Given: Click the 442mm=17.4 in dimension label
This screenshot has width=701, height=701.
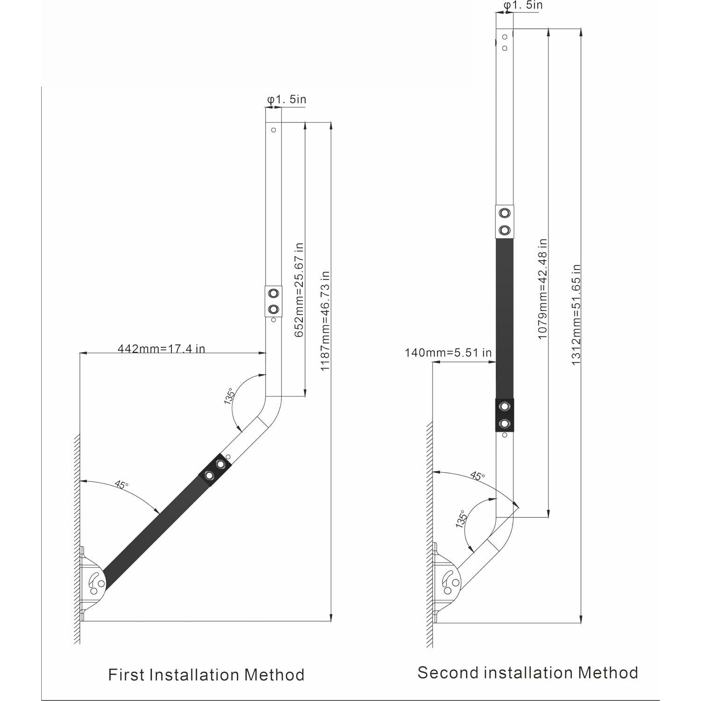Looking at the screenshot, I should tap(161, 348).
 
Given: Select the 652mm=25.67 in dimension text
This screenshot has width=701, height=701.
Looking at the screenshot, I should tap(299, 289).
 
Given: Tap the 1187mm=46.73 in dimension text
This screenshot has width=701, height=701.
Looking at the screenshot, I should tap(325, 321).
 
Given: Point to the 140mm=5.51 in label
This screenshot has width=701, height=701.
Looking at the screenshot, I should tap(448, 352).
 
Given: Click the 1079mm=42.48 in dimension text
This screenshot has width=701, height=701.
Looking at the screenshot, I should tap(542, 289).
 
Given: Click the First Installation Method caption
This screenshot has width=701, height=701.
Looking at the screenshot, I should tap(206, 675).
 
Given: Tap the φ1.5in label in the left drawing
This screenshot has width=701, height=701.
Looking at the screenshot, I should tap(287, 100).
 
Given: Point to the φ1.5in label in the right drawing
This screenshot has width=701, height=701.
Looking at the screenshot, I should tap(523, 5).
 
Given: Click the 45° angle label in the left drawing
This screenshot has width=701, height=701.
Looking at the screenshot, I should tap(121, 485).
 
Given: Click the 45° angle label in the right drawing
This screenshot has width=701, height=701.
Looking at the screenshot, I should tap(477, 476).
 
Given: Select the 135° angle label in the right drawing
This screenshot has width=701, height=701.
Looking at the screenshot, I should tap(461, 519).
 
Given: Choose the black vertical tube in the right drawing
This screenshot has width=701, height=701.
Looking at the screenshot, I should tap(504, 318).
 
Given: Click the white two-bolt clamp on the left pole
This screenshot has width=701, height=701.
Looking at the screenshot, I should tap(274, 302).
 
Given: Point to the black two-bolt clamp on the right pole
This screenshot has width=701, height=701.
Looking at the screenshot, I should tap(504, 415).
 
